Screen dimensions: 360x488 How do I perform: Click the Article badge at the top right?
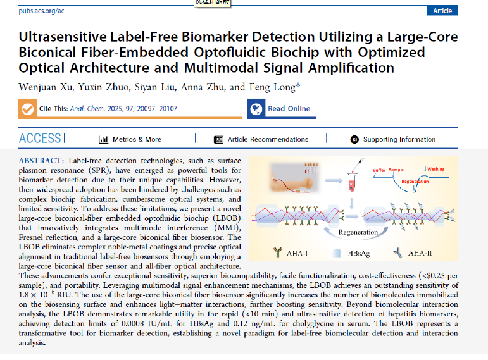pos(442,11)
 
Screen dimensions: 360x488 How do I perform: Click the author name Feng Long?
pos(277,87)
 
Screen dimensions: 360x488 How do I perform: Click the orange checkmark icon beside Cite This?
pos(28,109)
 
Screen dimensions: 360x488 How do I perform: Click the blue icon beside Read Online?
pos(256,109)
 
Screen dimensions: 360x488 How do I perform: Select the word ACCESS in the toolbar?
pos(40,139)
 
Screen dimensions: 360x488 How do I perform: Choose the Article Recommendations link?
pos(268,139)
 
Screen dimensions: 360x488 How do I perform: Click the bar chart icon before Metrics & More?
pos(103,139)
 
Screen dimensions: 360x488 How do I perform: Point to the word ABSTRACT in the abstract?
pos(42,161)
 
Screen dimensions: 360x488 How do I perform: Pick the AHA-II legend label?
pos(437,253)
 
